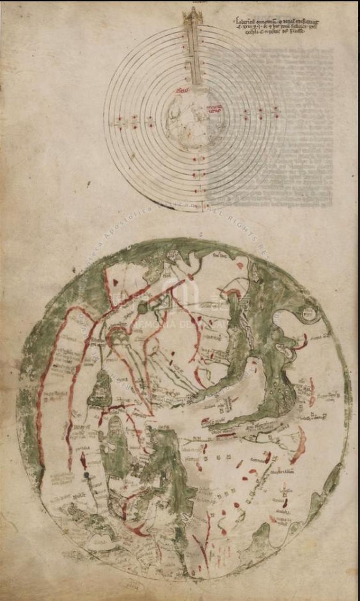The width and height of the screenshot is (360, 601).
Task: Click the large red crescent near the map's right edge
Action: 299,445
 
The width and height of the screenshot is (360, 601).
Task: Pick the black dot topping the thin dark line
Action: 86,476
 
